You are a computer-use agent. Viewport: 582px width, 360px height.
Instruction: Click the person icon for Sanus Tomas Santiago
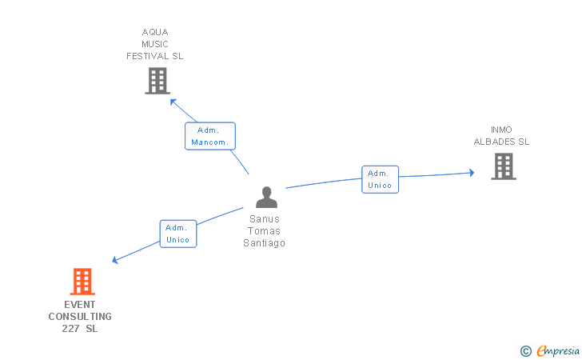[x=266, y=198]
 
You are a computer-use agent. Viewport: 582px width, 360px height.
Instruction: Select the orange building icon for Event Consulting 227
[x=82, y=282]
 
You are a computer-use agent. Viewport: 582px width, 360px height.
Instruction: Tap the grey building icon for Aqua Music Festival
[x=157, y=81]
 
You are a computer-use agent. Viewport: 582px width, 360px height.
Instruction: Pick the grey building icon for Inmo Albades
[x=503, y=166]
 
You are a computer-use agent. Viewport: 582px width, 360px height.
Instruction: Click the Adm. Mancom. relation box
[x=210, y=136]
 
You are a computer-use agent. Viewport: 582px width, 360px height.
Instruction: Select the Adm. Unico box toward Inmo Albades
[x=379, y=179]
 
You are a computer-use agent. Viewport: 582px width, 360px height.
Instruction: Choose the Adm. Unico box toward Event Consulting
[x=177, y=234]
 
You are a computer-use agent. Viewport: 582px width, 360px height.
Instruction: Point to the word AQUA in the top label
[x=155, y=33]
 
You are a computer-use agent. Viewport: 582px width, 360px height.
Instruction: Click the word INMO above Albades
[x=502, y=130]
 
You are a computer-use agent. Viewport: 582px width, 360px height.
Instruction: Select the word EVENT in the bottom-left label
[x=80, y=305]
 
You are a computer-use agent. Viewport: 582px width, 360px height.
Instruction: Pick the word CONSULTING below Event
[x=80, y=317]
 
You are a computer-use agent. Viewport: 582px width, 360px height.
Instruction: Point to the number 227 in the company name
[x=71, y=329]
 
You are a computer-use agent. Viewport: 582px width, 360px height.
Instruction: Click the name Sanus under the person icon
[x=265, y=219]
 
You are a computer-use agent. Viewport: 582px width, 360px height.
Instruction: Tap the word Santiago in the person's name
[x=265, y=243]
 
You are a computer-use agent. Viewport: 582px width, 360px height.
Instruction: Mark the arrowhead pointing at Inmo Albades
[x=472, y=172]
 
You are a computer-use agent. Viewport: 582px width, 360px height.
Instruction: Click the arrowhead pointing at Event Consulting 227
[x=115, y=260]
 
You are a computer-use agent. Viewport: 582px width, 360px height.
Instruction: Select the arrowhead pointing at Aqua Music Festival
[x=173, y=101]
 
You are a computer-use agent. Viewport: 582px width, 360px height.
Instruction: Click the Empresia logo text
[x=557, y=350]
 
